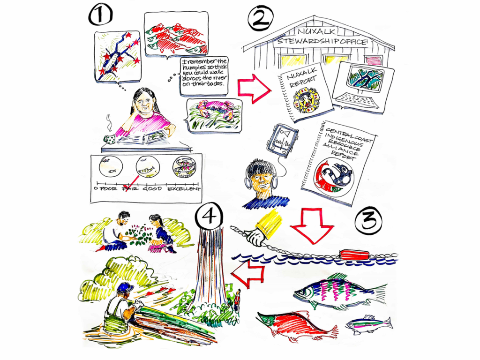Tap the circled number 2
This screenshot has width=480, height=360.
(x=260, y=18)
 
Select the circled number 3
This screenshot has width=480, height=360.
(x=368, y=222)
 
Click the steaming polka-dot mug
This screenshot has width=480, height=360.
(x=109, y=138)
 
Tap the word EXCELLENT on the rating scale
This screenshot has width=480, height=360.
(x=184, y=189)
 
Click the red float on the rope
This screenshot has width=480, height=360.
(x=354, y=255)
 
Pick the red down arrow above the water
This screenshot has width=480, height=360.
(x=311, y=226)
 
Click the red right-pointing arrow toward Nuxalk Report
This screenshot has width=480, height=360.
(x=254, y=89)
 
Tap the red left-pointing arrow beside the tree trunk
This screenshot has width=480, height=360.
(x=248, y=274)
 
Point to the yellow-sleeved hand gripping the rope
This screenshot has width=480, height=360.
(x=263, y=230)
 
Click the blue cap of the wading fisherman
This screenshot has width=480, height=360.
(x=125, y=288)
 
